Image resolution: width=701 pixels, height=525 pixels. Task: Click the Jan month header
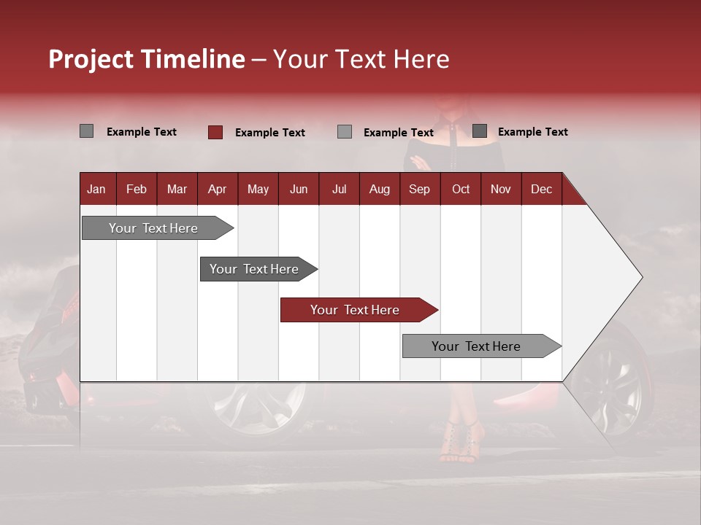pos(96,189)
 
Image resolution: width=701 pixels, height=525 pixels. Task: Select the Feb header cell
pos(137,189)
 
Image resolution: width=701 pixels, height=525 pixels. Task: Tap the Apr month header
pos(217,189)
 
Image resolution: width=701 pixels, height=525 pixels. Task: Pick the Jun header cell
pos(299,189)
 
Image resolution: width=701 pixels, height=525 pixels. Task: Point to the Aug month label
pos(380,189)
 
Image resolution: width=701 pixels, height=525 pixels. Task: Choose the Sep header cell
pos(419,189)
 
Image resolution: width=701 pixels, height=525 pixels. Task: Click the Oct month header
pos(461,189)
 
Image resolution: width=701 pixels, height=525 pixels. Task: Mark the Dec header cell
pos(541,189)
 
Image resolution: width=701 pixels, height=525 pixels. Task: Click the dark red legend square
pos(215,132)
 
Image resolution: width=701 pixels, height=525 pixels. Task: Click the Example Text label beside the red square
pos(269,132)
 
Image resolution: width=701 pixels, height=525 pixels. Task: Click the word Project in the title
pos(91,59)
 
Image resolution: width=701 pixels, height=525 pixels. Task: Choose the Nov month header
pos(501,189)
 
